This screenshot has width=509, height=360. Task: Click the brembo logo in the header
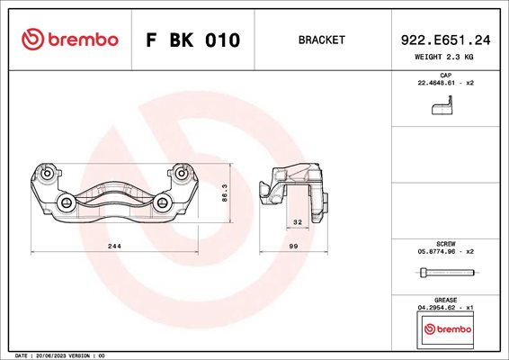pyautogui.click(x=70, y=40)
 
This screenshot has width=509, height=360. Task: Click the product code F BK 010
pyautogui.click(x=193, y=40)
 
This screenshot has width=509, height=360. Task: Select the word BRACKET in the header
pyautogui.click(x=321, y=40)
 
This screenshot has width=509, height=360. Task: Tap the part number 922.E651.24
pyautogui.click(x=445, y=40)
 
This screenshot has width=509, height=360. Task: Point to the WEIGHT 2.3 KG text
pyautogui.click(x=443, y=57)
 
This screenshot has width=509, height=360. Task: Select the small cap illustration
pyautogui.click(x=442, y=105)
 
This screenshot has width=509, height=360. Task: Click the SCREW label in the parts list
pyautogui.click(x=446, y=244)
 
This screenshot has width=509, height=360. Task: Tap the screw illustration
pyautogui.click(x=447, y=273)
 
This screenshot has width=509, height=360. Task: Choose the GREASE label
pyautogui.click(x=446, y=300)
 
